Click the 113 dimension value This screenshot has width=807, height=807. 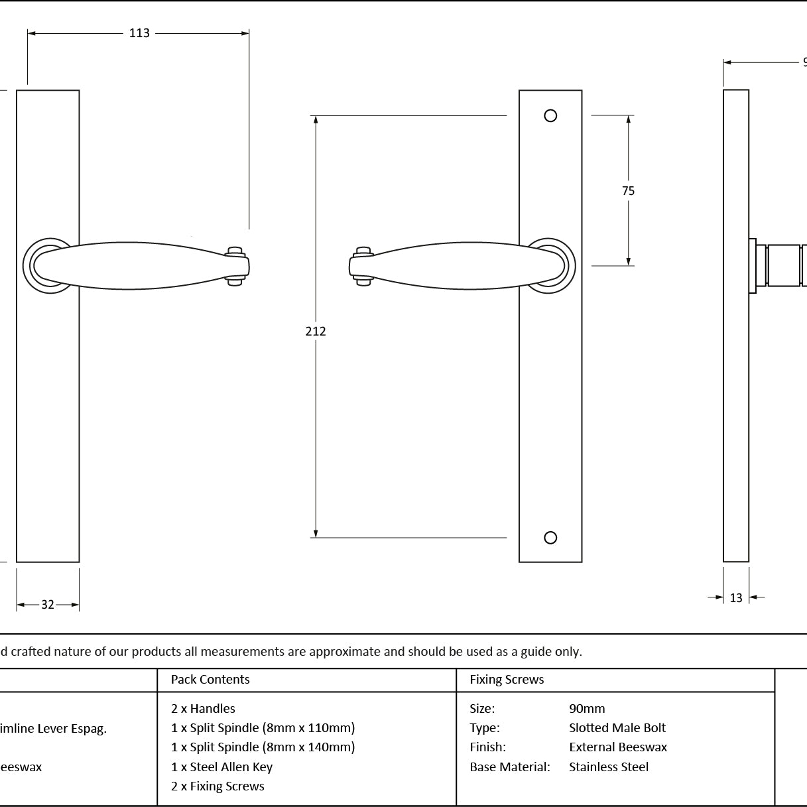point(139,33)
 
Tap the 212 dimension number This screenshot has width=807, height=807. point(316,332)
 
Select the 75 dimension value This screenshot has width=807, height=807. point(628,191)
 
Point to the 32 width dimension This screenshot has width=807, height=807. point(48,605)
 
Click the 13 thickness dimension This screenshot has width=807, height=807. point(736,598)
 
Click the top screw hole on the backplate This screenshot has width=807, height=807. point(550,115)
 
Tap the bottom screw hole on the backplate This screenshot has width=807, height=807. point(550,538)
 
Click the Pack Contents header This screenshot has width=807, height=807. point(210,679)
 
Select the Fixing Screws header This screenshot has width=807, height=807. point(507,679)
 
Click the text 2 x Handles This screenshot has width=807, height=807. point(203,709)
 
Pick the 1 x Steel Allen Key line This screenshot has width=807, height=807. point(221,767)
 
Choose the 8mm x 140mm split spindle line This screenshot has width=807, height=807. point(263,747)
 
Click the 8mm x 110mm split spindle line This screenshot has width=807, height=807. point(263,728)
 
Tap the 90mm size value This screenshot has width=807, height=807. point(587,709)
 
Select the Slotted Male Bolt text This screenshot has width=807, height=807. point(617,728)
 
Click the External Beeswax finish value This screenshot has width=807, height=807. point(618,747)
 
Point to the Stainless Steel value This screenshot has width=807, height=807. point(609,767)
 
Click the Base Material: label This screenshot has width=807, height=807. point(510,767)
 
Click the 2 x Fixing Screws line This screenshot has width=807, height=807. point(217,786)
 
